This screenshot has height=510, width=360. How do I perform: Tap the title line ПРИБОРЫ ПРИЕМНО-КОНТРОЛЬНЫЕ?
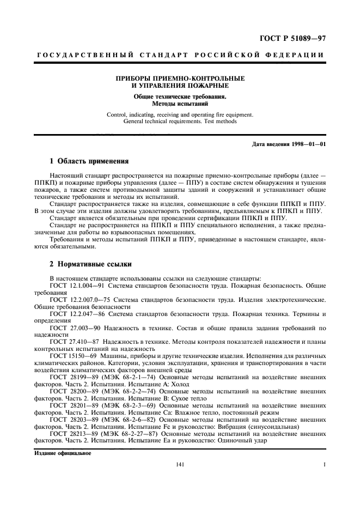(x=180, y=78)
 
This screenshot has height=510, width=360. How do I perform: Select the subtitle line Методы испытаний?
(x=180, y=103)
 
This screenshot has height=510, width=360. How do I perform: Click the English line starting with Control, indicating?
(x=180, y=115)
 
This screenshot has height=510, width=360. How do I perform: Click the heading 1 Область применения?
(x=89, y=161)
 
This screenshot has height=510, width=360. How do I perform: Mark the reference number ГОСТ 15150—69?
(x=70, y=355)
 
